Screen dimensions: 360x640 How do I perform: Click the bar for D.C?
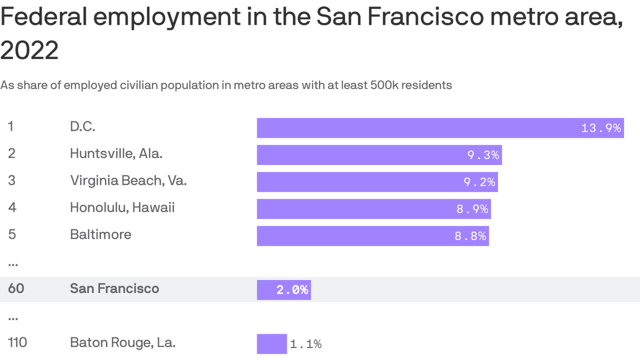click(x=417, y=128)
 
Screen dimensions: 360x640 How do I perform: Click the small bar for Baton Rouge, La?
click(x=272, y=344)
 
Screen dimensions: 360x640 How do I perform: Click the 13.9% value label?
click(x=601, y=128)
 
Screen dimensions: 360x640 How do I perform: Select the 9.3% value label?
click(x=484, y=155)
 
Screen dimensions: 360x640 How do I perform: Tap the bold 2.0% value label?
click(x=292, y=290)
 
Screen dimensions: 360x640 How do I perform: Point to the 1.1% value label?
click(x=306, y=344)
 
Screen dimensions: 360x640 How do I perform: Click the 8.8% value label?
click(x=470, y=236)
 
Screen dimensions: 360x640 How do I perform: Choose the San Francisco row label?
click(x=114, y=288)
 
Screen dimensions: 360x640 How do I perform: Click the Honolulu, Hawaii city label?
click(x=122, y=207)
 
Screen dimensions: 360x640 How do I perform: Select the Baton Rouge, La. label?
click(x=123, y=343)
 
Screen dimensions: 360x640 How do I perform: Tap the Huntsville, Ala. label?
click(x=116, y=153)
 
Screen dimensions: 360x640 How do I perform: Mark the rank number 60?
click(x=16, y=288)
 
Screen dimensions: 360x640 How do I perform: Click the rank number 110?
click(x=17, y=343)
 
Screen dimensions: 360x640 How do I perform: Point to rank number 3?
click(x=12, y=180)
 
